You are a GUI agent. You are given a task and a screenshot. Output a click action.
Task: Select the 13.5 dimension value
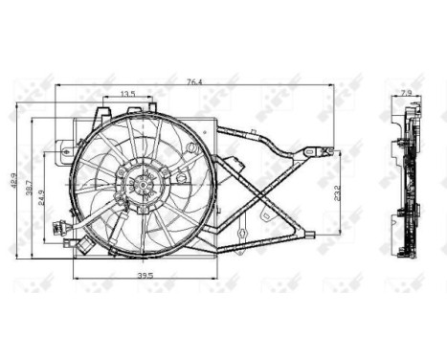127,94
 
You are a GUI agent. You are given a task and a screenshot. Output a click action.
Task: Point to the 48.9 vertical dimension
12,179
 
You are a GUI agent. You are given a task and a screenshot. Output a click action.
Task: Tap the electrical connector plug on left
56,230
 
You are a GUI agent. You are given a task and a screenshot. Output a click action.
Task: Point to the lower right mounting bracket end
308,236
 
